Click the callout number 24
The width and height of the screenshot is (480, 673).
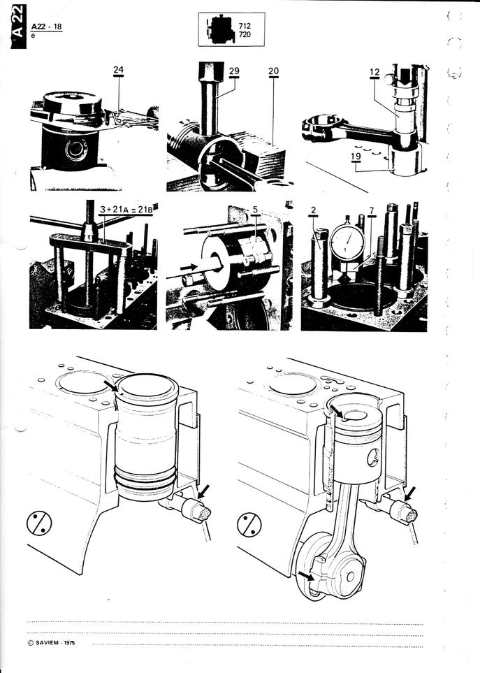tap(118, 69)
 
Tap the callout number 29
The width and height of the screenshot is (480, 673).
tap(234, 71)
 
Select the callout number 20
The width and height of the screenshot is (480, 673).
tap(273, 71)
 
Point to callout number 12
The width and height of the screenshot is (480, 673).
tap(374, 72)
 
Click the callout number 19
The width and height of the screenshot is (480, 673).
tap(356, 157)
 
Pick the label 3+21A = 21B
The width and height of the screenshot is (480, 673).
tap(126, 210)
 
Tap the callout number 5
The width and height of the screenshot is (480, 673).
tap(255, 210)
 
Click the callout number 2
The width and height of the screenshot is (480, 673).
tap(314, 210)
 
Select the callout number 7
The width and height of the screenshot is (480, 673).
tap(372, 210)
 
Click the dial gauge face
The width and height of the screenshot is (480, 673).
tap(347, 241)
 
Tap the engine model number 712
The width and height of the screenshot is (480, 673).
tap(245, 26)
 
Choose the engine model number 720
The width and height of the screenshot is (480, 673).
tap(245, 34)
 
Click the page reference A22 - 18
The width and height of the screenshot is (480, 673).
tap(46, 27)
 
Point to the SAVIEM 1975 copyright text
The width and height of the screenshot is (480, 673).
tap(51, 642)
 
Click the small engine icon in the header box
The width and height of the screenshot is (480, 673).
tap(220, 29)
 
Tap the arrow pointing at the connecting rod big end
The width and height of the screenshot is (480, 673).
tap(305, 574)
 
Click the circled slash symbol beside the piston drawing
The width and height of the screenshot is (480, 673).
tap(249, 525)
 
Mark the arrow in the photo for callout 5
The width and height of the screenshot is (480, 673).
tap(189, 267)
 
